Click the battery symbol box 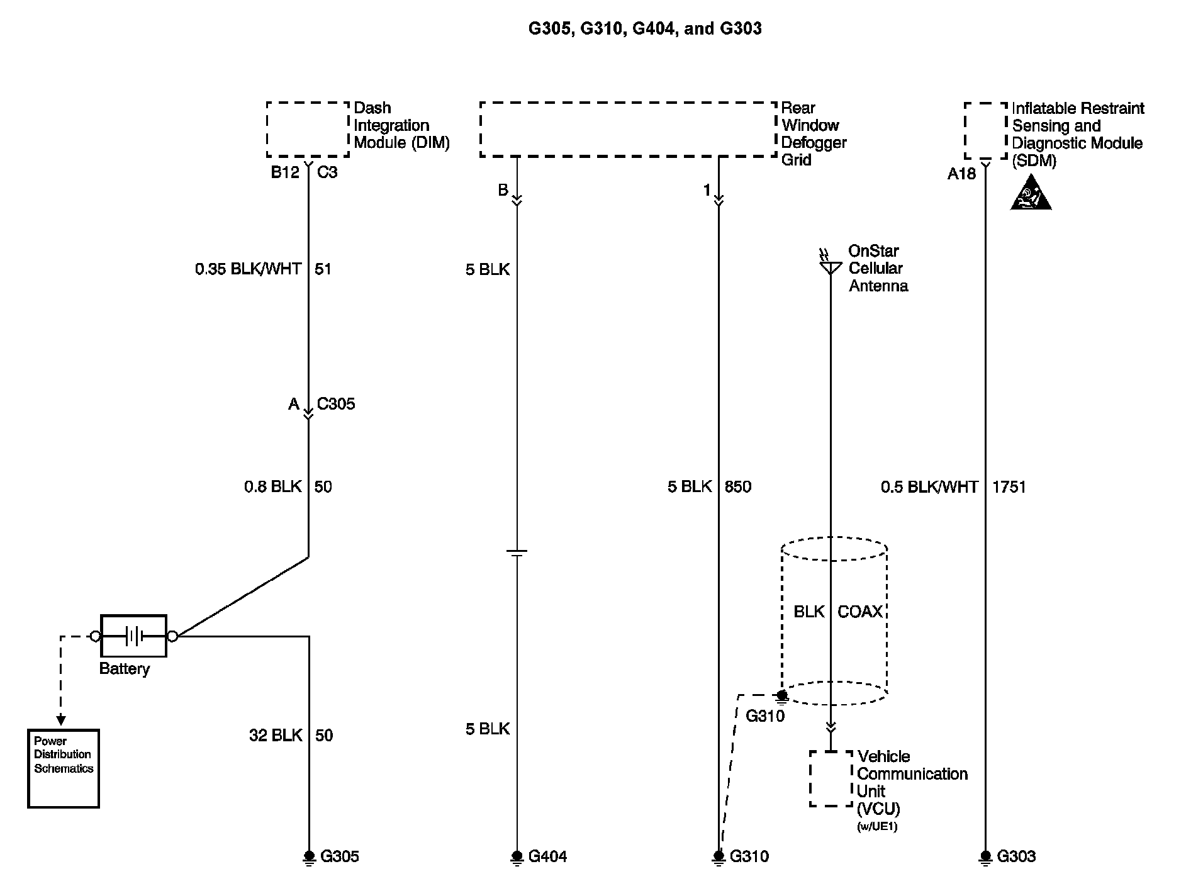point(133,636)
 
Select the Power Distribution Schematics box point(64,768)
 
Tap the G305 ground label point(340,856)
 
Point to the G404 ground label point(547,856)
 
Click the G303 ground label point(1016,856)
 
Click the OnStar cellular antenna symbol point(830,267)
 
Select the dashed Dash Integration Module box point(308,129)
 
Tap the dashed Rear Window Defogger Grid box point(628,129)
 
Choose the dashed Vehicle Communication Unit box point(831,778)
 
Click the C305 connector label point(336,403)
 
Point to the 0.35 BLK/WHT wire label point(248,269)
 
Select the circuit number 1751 point(1009,486)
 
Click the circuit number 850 point(738,486)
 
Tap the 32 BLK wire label point(276,735)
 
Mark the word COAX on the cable point(859,612)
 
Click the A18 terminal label point(961,174)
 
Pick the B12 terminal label point(285,172)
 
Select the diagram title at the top point(645,28)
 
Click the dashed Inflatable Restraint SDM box point(986,131)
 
